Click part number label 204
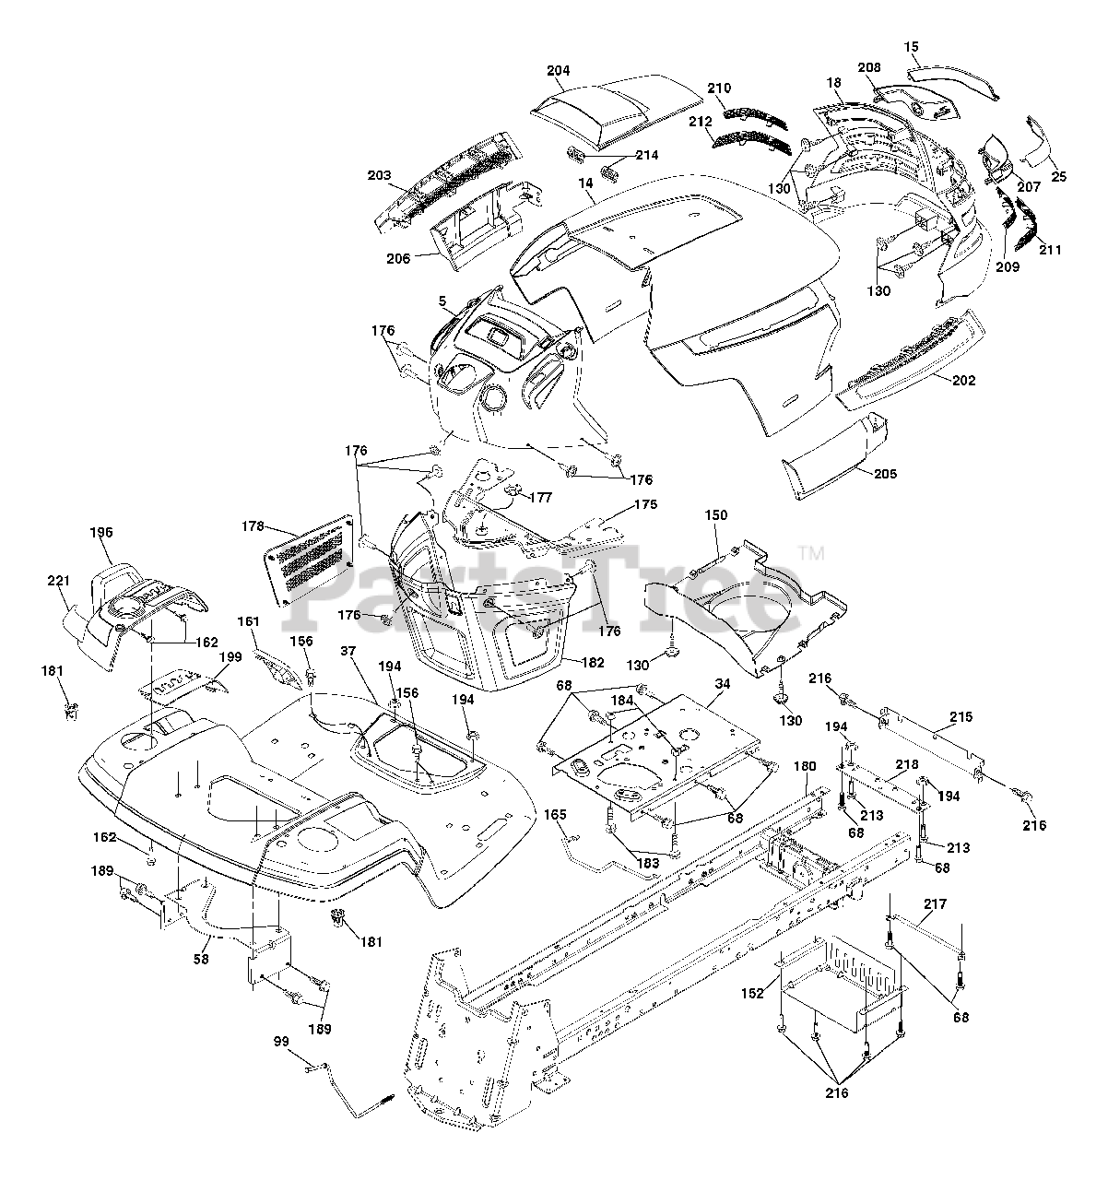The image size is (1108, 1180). pyautogui.click(x=559, y=70)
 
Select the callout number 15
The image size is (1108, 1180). pyautogui.click(x=912, y=45)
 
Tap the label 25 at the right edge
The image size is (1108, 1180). pyautogui.click(x=1058, y=176)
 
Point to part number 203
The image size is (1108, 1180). pyautogui.click(x=378, y=175)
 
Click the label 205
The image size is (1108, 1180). pyautogui.click(x=885, y=474)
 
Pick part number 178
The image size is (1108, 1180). pyautogui.click(x=252, y=526)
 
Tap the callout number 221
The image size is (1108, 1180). pyautogui.click(x=58, y=581)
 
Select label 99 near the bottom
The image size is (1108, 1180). pyautogui.click(x=282, y=1041)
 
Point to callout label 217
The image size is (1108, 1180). pyautogui.click(x=935, y=904)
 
